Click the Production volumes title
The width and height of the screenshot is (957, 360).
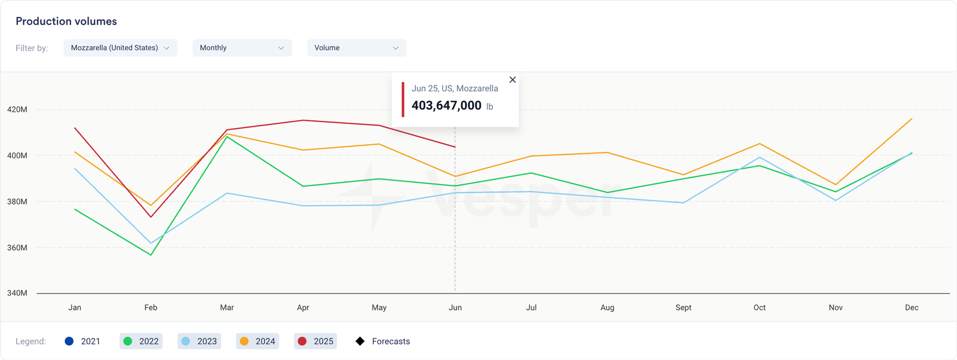[66, 22]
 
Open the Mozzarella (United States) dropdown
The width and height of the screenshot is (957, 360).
[120, 48]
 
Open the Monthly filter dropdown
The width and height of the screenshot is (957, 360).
[242, 48]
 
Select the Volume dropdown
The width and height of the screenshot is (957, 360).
[356, 48]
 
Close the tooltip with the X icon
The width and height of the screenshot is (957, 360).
[512, 80]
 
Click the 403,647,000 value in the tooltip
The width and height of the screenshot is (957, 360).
[446, 106]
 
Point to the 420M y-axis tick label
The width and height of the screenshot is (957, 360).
[17, 109]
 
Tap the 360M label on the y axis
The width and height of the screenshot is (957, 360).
[17, 248]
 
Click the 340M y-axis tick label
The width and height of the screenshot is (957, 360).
[17, 293]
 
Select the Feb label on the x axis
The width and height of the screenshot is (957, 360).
[151, 307]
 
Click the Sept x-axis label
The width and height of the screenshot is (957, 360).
[683, 307]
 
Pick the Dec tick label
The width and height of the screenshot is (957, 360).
[912, 307]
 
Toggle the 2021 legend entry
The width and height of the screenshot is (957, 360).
[83, 341]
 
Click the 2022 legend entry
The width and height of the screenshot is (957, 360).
[141, 341]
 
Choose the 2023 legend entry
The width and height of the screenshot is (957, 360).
[199, 341]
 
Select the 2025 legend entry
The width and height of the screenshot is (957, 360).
[316, 341]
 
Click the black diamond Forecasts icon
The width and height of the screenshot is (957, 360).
[360, 341]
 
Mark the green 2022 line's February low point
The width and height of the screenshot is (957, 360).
[151, 255]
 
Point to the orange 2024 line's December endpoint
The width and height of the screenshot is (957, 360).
[912, 119]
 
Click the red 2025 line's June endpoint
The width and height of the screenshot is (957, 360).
[455, 147]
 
